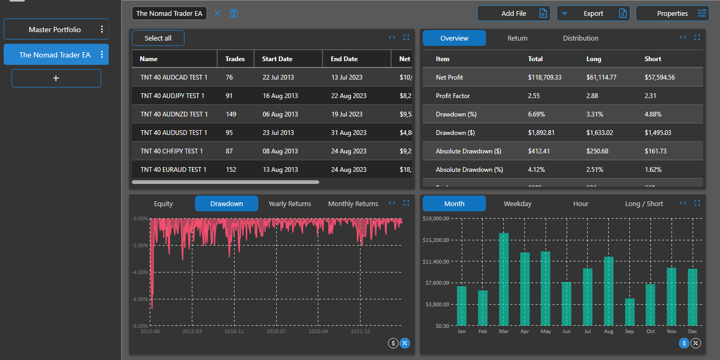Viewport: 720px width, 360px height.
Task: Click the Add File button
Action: tap(513, 13)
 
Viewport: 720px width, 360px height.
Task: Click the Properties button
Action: tap(672, 13)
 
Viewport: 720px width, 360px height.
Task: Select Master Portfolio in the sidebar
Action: tap(55, 30)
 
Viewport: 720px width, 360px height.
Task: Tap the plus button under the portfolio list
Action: tap(56, 78)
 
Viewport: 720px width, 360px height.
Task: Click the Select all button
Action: tap(158, 38)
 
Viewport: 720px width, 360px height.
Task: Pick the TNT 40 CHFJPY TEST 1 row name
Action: tap(172, 151)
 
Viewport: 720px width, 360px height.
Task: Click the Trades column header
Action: tap(235, 59)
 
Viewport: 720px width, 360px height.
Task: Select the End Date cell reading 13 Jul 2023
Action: tap(345, 77)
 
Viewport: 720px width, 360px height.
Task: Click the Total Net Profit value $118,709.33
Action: tap(544, 77)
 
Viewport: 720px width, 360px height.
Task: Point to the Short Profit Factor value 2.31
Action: tap(650, 96)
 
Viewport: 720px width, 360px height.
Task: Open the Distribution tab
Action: tap(580, 38)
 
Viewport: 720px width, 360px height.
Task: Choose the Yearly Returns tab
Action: tap(289, 203)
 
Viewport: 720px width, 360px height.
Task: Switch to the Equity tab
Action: tap(163, 203)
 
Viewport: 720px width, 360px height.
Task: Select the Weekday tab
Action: tap(517, 203)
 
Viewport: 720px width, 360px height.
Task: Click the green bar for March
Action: tap(504, 279)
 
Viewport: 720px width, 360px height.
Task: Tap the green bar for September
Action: tap(630, 312)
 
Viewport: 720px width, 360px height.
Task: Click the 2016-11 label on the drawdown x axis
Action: tap(234, 332)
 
